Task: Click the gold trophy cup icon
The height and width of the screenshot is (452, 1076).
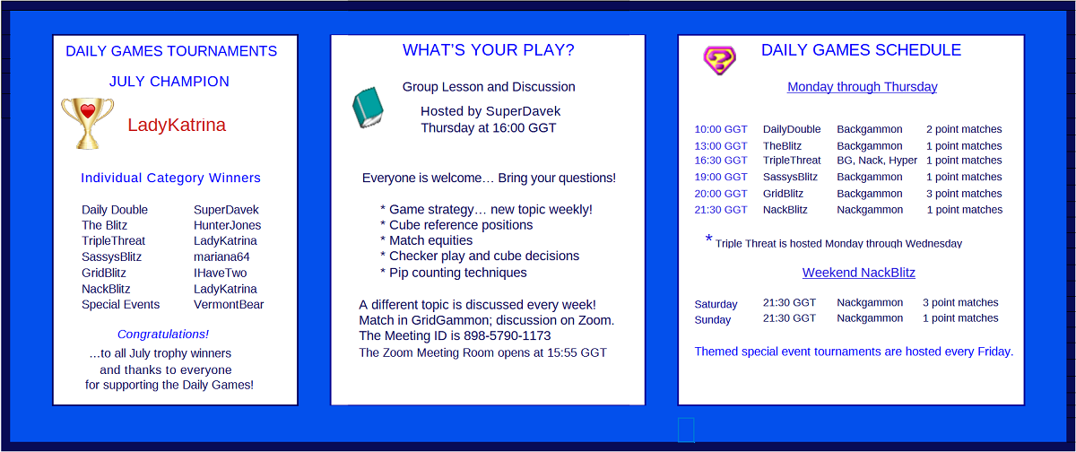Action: pyautogui.click(x=88, y=124)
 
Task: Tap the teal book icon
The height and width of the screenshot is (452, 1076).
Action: pyautogui.click(x=368, y=108)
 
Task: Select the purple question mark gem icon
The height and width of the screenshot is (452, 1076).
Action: pyautogui.click(x=719, y=60)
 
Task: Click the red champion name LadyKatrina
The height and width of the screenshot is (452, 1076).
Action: pyautogui.click(x=177, y=125)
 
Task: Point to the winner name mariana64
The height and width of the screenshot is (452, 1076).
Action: pyautogui.click(x=221, y=256)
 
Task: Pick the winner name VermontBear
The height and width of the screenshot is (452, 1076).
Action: pyautogui.click(x=229, y=305)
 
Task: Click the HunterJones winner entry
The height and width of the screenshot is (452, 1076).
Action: pyautogui.click(x=227, y=225)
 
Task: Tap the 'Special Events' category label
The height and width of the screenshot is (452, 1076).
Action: pyautogui.click(x=120, y=305)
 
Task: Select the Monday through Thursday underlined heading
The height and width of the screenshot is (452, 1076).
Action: pyautogui.click(x=863, y=87)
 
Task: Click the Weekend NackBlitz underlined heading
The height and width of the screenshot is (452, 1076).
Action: pyautogui.click(x=859, y=273)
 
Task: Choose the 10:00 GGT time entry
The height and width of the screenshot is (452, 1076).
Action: pyautogui.click(x=721, y=129)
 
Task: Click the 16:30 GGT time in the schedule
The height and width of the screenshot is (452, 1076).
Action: pyautogui.click(x=721, y=161)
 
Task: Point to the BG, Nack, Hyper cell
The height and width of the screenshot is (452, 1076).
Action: pyautogui.click(x=877, y=161)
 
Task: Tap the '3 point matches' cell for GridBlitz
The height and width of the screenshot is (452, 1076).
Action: pyautogui.click(x=964, y=194)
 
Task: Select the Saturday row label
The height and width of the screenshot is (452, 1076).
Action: pyautogui.click(x=716, y=304)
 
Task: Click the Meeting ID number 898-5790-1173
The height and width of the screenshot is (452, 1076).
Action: pyautogui.click(x=508, y=335)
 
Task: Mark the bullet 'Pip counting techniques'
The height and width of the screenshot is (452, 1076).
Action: pyautogui.click(x=458, y=273)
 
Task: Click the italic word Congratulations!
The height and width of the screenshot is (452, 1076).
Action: pyautogui.click(x=163, y=334)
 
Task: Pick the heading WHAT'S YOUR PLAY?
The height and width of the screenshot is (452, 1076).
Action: pyautogui.click(x=489, y=50)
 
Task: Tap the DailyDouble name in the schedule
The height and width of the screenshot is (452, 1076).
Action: pyautogui.click(x=792, y=129)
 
